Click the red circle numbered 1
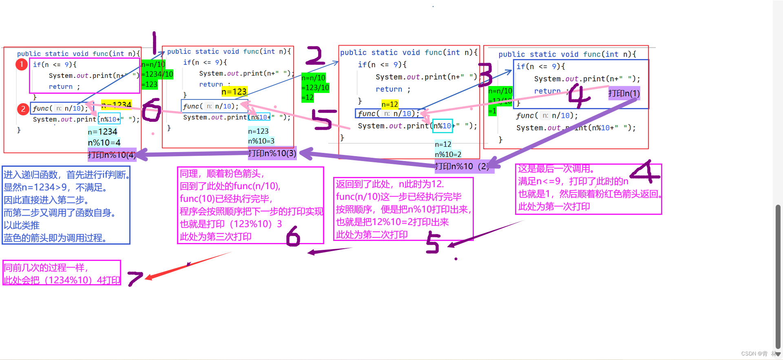click(22, 64)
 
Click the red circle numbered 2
click(23, 109)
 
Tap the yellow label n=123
click(234, 92)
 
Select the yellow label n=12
click(389, 104)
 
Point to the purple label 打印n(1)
click(624, 93)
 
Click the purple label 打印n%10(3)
click(272, 153)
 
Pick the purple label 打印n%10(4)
click(112, 155)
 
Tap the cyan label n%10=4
click(104, 143)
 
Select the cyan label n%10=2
click(448, 155)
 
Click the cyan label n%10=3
click(261, 141)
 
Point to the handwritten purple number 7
click(135, 278)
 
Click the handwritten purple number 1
click(154, 43)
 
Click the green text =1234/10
click(157, 74)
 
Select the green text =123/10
click(315, 88)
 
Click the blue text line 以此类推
click(22, 225)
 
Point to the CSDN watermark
click(754, 353)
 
